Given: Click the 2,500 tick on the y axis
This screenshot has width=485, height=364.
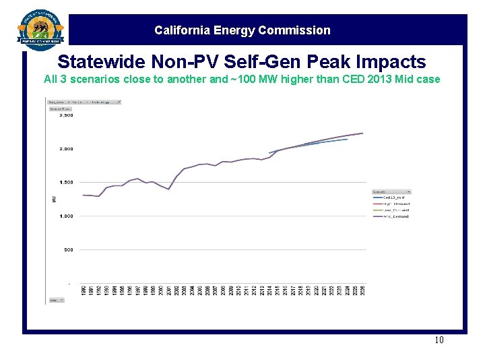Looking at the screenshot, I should [x=67, y=115].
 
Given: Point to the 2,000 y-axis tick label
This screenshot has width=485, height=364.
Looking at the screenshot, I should [x=67, y=149].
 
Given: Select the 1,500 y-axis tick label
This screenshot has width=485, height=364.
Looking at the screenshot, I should [x=67, y=183].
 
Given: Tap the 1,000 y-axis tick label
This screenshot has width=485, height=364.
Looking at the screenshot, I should [x=67, y=216].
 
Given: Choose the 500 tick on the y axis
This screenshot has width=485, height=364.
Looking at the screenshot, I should [x=68, y=250].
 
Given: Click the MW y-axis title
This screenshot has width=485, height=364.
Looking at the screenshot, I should [x=54, y=199].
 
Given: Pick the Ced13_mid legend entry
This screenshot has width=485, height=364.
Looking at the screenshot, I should [x=393, y=198].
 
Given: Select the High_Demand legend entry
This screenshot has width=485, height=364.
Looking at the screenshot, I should [x=396, y=204].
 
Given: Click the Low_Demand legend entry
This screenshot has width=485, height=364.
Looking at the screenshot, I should [x=396, y=210].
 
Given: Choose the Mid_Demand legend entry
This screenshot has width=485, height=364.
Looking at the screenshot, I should [x=395, y=216].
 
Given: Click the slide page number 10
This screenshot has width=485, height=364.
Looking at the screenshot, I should [x=439, y=340].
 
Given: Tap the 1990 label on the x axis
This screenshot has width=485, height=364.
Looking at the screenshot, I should [x=84, y=291].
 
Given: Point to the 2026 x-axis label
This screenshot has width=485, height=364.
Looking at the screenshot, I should [x=362, y=291].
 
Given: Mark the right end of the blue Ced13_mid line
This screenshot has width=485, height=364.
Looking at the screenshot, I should [x=347, y=139].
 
